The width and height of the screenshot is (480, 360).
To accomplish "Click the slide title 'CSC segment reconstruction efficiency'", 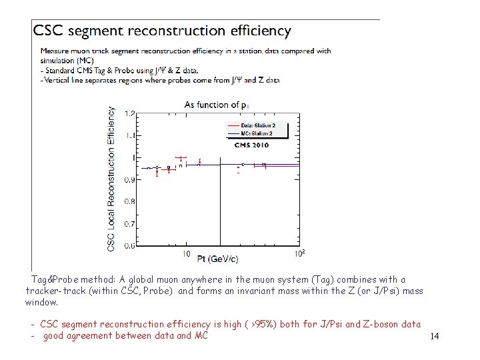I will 162,31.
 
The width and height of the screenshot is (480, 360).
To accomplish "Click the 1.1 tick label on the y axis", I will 130,135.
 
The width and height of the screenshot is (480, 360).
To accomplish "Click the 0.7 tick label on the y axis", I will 130,224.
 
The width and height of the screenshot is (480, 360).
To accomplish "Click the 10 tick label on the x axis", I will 186,254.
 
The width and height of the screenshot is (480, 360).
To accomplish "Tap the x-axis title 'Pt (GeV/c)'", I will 217,258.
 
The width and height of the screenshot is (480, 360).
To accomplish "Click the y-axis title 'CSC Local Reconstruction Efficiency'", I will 111,179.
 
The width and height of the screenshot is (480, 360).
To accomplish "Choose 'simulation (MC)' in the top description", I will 65,60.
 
